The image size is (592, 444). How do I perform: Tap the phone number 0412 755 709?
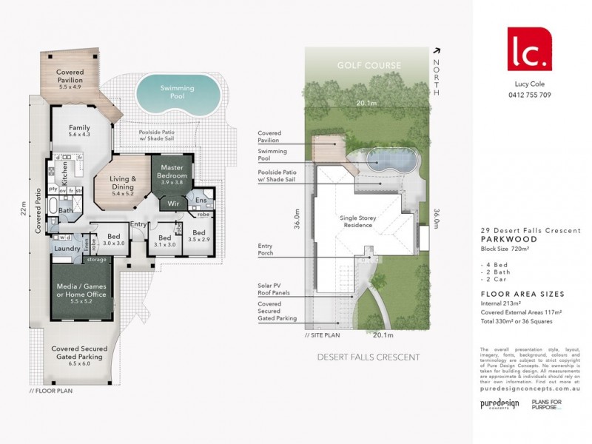(x=529, y=95)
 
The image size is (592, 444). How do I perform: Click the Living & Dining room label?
(x=123, y=184)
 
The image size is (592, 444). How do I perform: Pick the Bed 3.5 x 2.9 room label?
(x=199, y=237)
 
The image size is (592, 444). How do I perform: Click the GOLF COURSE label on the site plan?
(x=369, y=66)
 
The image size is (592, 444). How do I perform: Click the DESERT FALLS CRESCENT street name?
(x=368, y=357)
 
